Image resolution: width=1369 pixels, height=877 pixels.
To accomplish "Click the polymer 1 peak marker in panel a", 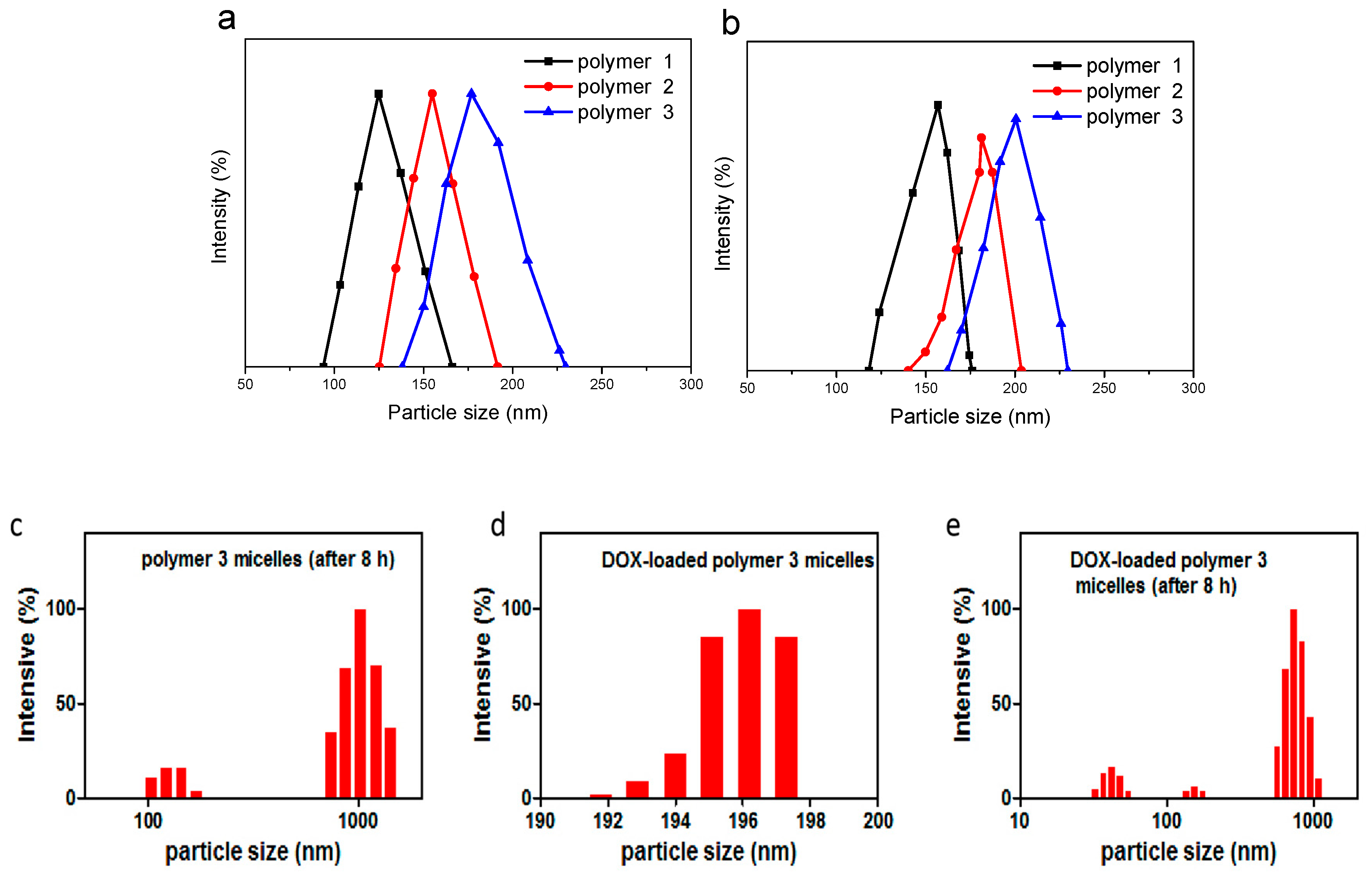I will pyautogui.click(x=378, y=94).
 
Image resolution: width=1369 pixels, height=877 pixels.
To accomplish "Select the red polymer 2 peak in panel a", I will pyautogui.click(x=432, y=94).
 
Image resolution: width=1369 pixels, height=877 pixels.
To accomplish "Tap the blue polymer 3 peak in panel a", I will pyautogui.click(x=471, y=94).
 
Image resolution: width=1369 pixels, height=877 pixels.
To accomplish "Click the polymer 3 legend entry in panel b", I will pyautogui.click(x=1109, y=117).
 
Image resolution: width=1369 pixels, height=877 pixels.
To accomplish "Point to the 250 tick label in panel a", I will pyautogui.click(x=602, y=385).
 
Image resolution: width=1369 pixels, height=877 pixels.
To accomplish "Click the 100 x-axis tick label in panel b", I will pyautogui.click(x=836, y=388).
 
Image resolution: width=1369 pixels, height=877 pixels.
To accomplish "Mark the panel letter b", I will pyautogui.click(x=731, y=24).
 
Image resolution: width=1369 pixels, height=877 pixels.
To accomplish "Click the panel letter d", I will pyautogui.click(x=498, y=525).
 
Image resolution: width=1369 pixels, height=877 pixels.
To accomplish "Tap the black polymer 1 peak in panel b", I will pyautogui.click(x=938, y=106).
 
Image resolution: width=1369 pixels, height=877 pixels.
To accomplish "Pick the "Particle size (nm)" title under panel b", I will pyautogui.click(x=970, y=417).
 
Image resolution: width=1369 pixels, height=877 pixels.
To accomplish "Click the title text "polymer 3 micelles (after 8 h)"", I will pyautogui.click(x=268, y=559).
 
